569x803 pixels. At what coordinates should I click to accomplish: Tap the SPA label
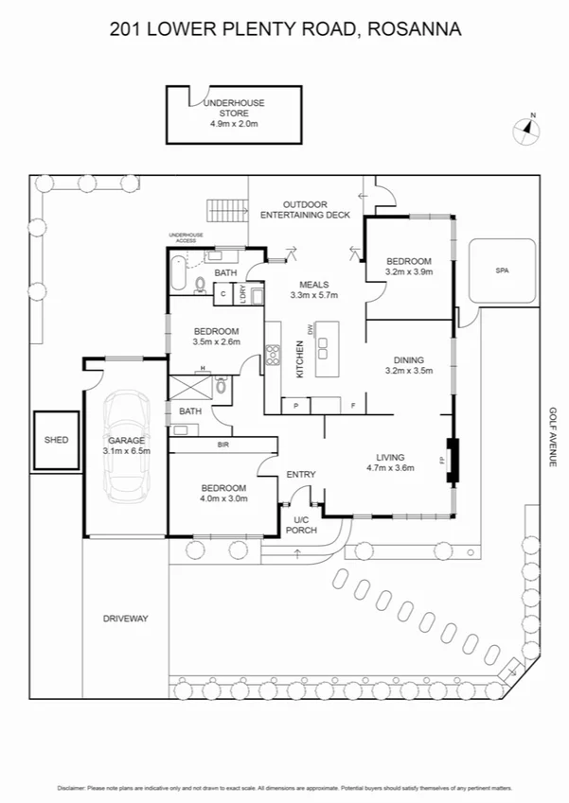(502, 271)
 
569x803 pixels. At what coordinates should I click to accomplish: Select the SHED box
(56, 441)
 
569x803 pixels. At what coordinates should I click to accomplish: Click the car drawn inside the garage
(125, 446)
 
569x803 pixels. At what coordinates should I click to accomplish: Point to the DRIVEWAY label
(126, 619)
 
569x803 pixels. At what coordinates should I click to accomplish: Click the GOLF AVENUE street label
(550, 436)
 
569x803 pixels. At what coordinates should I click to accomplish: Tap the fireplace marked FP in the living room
(452, 462)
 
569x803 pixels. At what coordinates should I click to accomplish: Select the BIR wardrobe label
(223, 444)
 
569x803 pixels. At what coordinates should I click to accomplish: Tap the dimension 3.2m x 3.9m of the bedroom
(409, 271)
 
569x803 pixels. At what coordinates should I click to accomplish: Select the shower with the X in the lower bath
(187, 387)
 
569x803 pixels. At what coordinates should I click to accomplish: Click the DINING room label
(409, 359)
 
